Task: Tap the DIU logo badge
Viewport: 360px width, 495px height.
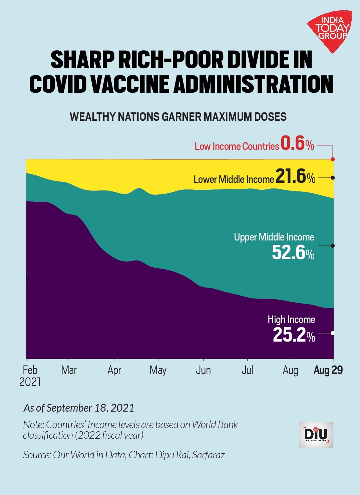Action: click(x=316, y=434)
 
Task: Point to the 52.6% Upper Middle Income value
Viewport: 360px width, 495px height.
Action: click(x=293, y=253)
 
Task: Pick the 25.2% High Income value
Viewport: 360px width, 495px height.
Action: click(x=294, y=335)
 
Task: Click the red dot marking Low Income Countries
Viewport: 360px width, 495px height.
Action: click(x=333, y=159)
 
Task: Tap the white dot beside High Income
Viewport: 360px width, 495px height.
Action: click(x=333, y=333)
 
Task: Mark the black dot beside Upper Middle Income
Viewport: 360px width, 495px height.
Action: click(x=333, y=246)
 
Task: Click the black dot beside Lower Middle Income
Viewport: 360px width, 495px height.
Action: click(x=333, y=178)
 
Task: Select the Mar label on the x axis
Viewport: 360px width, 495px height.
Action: click(x=69, y=370)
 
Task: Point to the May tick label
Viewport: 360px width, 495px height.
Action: click(x=158, y=371)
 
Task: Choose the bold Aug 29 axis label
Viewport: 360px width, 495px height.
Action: click(x=328, y=370)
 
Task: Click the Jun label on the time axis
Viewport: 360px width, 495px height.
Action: click(x=203, y=370)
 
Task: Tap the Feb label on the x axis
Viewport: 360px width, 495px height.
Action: click(x=30, y=370)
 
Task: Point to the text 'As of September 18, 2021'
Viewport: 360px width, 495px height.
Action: click(x=79, y=408)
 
